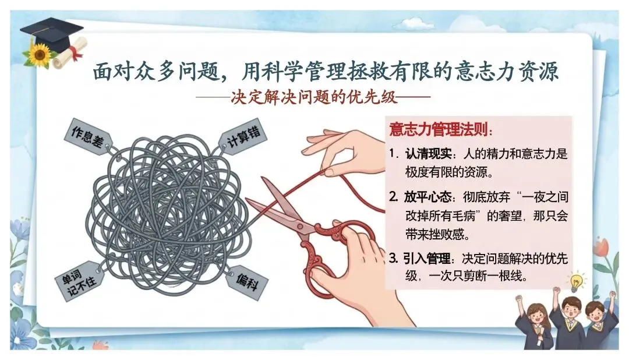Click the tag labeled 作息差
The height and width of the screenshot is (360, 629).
pos(89,136)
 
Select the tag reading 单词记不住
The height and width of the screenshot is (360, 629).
pos(79,281)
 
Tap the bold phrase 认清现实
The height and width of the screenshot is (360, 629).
pos(428,153)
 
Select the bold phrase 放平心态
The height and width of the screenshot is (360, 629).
pos(428,197)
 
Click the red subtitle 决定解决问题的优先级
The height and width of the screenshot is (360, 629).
pos(314,97)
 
